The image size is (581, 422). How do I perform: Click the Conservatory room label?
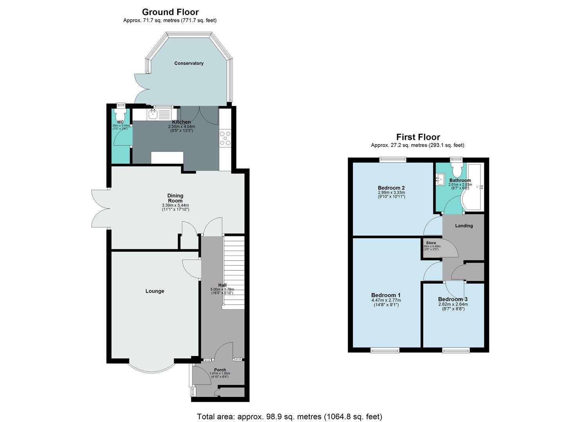coord(189,63)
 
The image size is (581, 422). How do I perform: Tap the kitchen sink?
coord(153,114)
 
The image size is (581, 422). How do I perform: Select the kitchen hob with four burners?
coord(225,138)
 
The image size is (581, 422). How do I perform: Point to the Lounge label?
coord(155,291)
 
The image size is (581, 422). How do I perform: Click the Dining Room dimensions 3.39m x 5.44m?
coord(175,206)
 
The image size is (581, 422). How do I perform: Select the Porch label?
coord(220,370)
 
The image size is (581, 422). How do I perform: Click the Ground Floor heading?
coord(170,12)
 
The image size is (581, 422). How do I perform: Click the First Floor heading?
coord(418,137)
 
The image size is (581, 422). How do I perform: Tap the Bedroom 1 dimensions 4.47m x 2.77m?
coord(385,300)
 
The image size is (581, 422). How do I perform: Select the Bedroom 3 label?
coord(453,299)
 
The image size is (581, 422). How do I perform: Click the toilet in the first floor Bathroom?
coord(456,169)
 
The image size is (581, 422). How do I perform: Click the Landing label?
coord(464,225)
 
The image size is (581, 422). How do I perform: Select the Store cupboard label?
coord(431,243)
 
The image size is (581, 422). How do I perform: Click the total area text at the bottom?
coord(290,417)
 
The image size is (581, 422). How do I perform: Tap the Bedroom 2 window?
coord(392,159)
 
